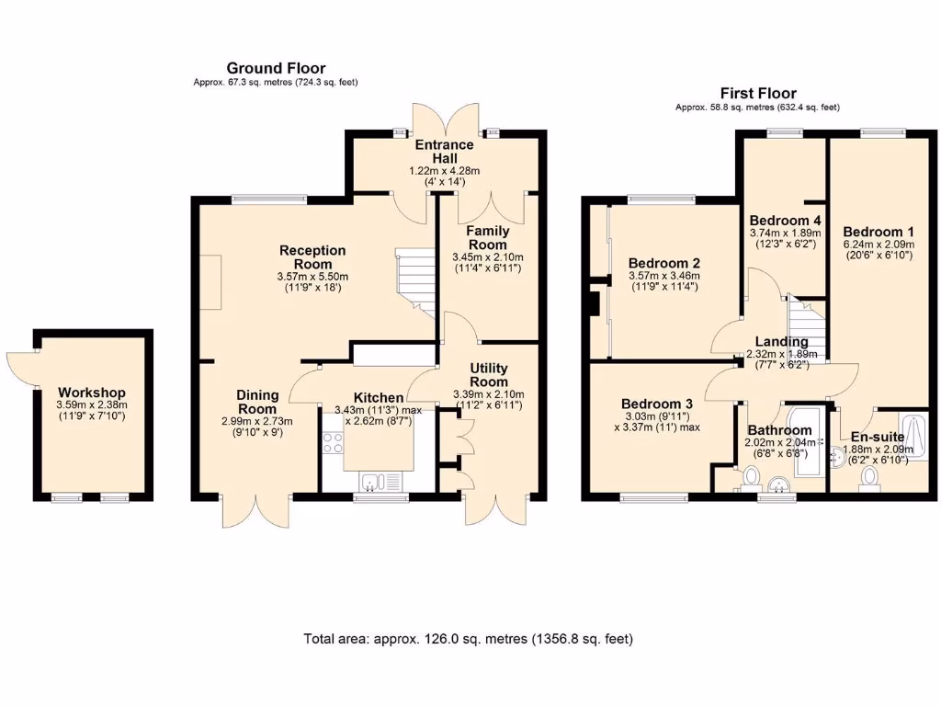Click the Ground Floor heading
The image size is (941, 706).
[x=276, y=68]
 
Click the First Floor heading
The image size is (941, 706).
[x=757, y=93]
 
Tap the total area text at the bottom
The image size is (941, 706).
[x=468, y=638]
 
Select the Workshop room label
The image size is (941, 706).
[x=91, y=393]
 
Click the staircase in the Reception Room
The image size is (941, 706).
[x=414, y=279]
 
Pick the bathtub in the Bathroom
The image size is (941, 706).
[x=806, y=450]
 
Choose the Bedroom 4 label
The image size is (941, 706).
[x=785, y=221]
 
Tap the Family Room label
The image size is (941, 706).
[x=487, y=238]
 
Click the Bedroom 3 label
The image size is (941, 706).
[x=656, y=404]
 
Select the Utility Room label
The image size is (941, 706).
[x=488, y=375]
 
